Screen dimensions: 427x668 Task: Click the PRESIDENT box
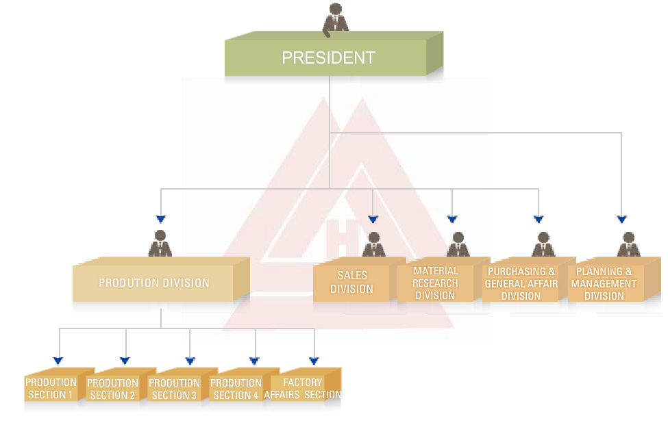pyautogui.click(x=330, y=57)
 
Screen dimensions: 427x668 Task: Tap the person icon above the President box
pyautogui.click(x=336, y=18)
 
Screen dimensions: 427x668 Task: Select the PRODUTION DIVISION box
pyautogui.click(x=154, y=283)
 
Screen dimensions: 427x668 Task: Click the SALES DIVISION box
pyautogui.click(x=352, y=282)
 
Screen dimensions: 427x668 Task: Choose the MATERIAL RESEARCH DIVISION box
pyautogui.click(x=436, y=283)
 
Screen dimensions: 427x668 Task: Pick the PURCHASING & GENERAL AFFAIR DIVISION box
pyautogui.click(x=521, y=283)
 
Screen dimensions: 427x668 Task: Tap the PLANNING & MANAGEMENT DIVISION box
pyautogui.click(x=604, y=283)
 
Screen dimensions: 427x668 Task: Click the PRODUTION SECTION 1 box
pyautogui.click(x=51, y=389)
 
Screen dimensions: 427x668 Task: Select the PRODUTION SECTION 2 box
pyautogui.click(x=113, y=389)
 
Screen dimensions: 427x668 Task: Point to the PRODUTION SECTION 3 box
pyautogui.click(x=175, y=389)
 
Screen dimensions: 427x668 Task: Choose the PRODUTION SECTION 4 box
pyautogui.click(x=236, y=389)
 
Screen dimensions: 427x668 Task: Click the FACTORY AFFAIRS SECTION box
pyautogui.click(x=303, y=389)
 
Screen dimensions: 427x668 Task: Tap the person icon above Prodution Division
pyautogui.click(x=161, y=244)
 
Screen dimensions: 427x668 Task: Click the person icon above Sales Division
pyautogui.click(x=373, y=245)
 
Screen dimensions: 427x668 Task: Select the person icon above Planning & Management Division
pyautogui.click(x=628, y=245)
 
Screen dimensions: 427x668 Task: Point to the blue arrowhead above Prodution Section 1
pyautogui.click(x=58, y=361)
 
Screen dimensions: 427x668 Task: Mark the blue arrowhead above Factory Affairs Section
pyautogui.click(x=314, y=361)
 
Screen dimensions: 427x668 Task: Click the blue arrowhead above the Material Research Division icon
pyautogui.click(x=452, y=220)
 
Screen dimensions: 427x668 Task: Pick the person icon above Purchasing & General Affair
pyautogui.click(x=543, y=245)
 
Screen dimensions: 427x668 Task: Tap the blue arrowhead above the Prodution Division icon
pyautogui.click(x=161, y=220)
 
